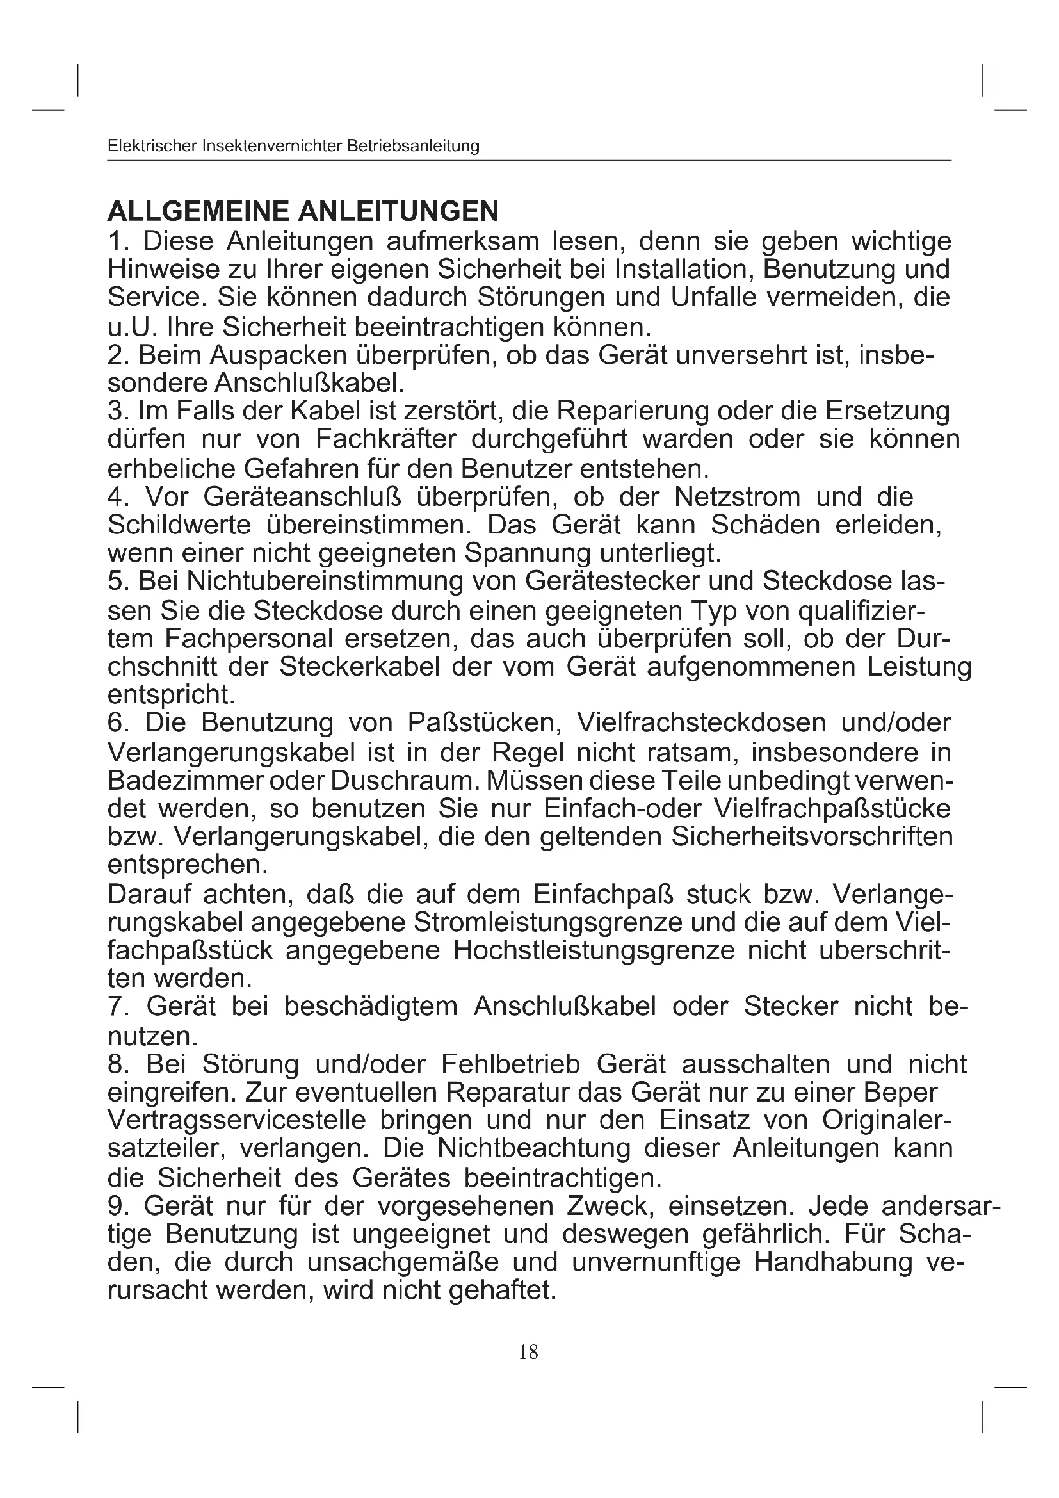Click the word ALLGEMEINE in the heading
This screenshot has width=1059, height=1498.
197,211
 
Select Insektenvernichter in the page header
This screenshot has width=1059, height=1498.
272,146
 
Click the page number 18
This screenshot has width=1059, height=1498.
528,1353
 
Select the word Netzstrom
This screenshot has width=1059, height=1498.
737,497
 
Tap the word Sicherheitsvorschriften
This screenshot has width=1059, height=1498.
812,836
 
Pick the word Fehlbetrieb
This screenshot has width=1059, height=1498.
510,1064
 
